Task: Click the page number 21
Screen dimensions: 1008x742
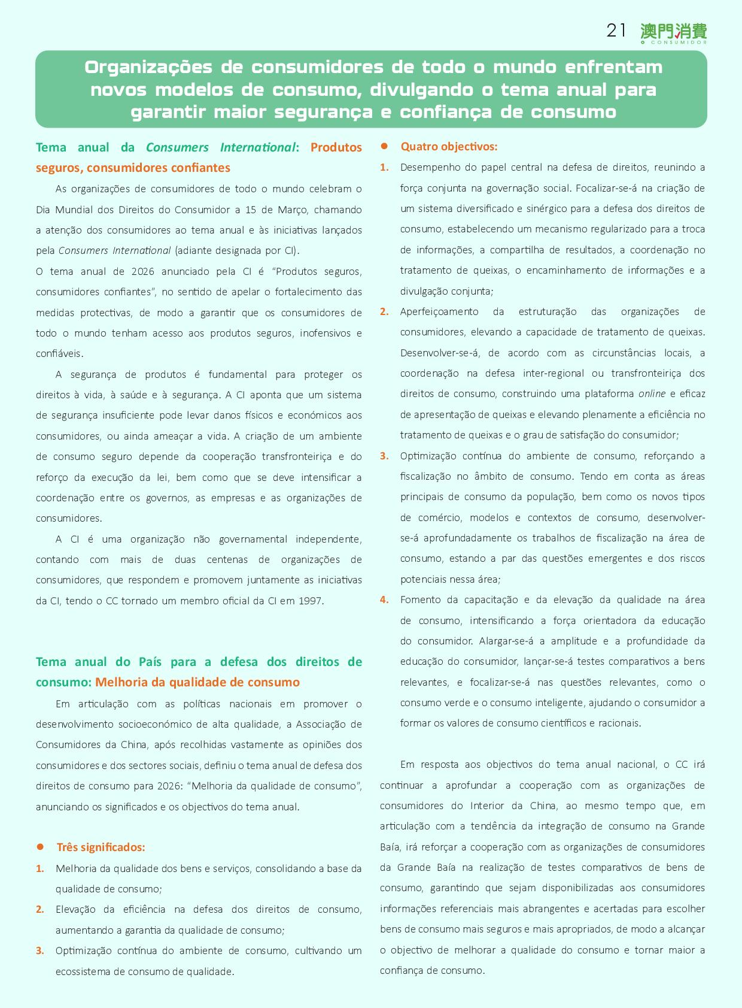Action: click(x=616, y=31)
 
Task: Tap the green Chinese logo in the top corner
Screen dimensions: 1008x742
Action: click(x=673, y=32)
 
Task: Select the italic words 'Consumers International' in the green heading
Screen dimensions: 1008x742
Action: click(x=221, y=147)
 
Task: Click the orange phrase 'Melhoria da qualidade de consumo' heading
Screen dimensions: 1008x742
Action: click(x=197, y=682)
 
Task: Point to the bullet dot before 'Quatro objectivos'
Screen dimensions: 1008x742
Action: click(x=385, y=146)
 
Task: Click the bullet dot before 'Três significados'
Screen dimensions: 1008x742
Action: click(x=41, y=847)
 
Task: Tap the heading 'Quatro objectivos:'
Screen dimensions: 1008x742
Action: click(x=449, y=147)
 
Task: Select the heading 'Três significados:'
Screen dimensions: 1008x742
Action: click(x=101, y=847)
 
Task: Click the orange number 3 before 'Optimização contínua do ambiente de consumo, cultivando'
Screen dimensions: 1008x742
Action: click(x=39, y=951)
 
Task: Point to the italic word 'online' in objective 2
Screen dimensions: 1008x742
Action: click(x=652, y=394)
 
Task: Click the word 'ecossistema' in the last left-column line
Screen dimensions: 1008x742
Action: click(x=81, y=971)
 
